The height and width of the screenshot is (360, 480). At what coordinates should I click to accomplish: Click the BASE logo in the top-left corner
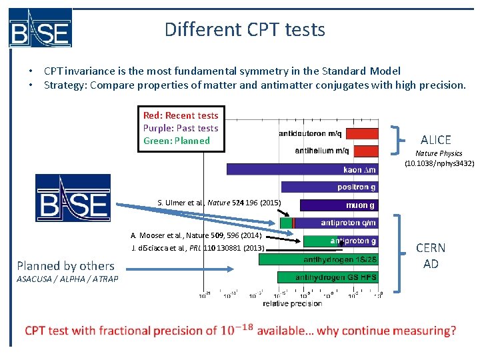(40, 28)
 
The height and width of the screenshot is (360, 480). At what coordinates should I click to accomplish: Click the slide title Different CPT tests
(245, 29)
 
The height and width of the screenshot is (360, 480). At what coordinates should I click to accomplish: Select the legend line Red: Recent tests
(181, 115)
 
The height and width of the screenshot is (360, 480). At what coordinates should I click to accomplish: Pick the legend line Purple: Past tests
(181, 128)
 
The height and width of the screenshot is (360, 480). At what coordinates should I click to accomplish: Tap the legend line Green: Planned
(177, 141)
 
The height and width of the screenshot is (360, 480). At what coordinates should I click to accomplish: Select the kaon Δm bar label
(359, 169)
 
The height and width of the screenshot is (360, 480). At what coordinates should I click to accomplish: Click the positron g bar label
(356, 187)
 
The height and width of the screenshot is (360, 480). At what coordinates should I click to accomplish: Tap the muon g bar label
(360, 205)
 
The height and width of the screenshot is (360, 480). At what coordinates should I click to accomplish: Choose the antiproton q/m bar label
(348, 223)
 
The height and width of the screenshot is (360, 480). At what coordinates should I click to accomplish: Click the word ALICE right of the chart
(436, 139)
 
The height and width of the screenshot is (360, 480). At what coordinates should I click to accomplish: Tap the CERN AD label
(431, 255)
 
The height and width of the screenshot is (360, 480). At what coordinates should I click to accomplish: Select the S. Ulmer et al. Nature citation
(219, 203)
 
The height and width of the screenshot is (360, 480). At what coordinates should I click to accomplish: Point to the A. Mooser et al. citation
(196, 235)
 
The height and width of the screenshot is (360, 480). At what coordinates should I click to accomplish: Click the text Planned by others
(65, 265)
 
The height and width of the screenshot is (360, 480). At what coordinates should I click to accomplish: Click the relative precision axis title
(291, 303)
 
